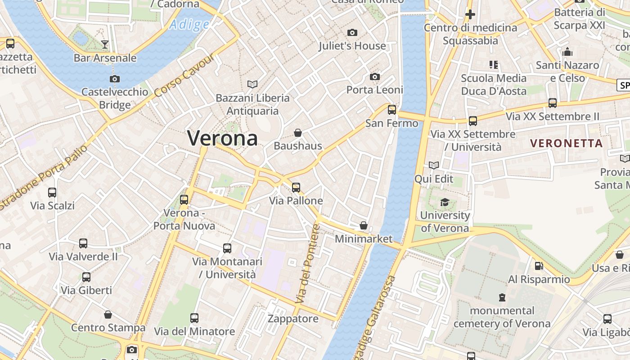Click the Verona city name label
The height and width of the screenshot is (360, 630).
click(x=222, y=138)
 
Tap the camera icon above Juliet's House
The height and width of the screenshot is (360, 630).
click(x=352, y=32)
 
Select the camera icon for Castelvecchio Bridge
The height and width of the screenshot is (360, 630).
click(x=115, y=79)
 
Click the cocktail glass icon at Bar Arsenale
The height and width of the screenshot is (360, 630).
click(x=105, y=44)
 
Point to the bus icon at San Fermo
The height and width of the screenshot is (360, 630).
click(x=392, y=109)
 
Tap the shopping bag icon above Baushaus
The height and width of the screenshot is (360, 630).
click(x=298, y=133)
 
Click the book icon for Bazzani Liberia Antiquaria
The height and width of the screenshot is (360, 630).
click(x=252, y=84)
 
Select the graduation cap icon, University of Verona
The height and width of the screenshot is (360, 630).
click(x=445, y=202)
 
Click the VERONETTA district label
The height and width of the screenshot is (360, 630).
click(x=566, y=144)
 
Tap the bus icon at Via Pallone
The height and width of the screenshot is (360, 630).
click(x=296, y=187)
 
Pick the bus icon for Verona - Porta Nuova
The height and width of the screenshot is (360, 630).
click(x=184, y=199)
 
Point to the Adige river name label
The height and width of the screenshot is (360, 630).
click(x=189, y=24)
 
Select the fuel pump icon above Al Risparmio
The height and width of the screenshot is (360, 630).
click(x=539, y=266)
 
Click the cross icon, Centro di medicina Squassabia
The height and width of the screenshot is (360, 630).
click(x=470, y=14)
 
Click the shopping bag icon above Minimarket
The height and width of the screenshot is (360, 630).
click(x=364, y=225)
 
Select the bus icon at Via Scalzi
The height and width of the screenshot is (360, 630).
click(x=52, y=192)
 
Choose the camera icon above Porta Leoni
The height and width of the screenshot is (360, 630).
click(x=375, y=76)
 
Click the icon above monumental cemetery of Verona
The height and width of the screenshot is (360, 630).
click(x=502, y=297)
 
